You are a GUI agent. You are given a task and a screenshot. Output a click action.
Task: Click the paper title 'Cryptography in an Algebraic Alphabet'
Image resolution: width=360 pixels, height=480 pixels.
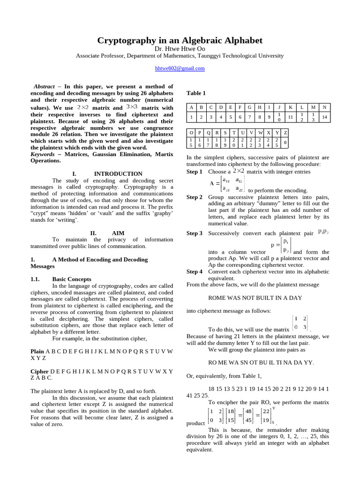click(180, 40)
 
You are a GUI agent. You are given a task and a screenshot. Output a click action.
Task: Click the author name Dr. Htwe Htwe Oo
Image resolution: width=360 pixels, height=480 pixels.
click(180, 48)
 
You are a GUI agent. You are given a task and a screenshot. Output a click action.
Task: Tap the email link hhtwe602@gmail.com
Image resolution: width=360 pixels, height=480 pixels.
click(180, 68)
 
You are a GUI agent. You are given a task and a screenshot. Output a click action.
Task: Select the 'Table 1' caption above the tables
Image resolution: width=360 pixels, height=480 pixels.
click(196, 93)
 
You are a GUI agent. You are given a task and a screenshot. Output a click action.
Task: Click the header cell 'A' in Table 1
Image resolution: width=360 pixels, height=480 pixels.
click(191, 107)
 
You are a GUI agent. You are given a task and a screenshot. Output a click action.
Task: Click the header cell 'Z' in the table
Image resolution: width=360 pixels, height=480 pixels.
click(285, 132)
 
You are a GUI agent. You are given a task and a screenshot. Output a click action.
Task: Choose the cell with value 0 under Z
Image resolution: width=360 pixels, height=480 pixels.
click(285, 142)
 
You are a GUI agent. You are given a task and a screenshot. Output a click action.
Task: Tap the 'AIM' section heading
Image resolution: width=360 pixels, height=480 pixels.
click(118, 232)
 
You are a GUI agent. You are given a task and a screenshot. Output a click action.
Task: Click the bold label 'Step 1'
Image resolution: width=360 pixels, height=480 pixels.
click(195, 172)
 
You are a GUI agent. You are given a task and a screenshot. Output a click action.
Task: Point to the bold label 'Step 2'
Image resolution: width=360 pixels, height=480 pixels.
click(195, 197)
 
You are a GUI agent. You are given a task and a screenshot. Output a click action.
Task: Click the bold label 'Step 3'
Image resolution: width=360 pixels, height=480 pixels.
click(195, 233)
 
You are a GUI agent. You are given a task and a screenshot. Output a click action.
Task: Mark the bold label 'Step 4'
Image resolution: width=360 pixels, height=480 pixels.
click(195, 271)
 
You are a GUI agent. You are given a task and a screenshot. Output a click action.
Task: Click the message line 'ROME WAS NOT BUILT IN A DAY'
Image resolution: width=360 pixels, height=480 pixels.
click(255, 297)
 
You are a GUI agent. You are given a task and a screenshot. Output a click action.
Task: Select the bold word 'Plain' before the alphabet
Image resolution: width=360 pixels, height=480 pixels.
click(37, 351)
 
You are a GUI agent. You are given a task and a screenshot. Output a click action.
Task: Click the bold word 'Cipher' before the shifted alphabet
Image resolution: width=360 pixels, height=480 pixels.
click(39, 371)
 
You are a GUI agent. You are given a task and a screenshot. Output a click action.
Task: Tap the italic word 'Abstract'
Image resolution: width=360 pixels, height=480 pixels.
click(45, 87)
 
